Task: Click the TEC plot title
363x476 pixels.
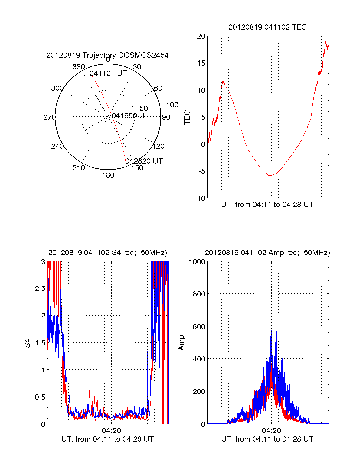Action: tap(267, 27)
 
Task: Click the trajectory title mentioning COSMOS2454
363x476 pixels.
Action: tap(107, 55)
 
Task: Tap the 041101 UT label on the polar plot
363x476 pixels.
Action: tap(108, 73)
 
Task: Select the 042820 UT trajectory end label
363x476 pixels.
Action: tap(144, 161)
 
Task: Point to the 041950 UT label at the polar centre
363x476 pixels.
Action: tap(130, 116)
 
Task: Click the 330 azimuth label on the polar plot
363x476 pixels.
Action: tap(79, 67)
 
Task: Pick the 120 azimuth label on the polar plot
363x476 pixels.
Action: tap(159, 146)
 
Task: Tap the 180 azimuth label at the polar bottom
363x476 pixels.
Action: tap(108, 175)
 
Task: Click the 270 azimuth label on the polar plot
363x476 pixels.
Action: tap(49, 117)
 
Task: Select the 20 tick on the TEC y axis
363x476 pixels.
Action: tap(201, 36)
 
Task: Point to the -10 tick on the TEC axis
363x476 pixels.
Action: tap(200, 198)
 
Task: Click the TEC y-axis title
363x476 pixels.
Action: tap(187, 117)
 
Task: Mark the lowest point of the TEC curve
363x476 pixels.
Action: tap(270, 175)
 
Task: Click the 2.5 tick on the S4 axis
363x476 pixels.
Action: tap(40, 289)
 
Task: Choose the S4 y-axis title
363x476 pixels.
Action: tap(28, 343)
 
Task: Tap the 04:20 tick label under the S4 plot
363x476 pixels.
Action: tap(111, 431)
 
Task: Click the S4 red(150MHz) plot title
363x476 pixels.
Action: tap(107, 253)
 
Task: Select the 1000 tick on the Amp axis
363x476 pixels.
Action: tap(197, 262)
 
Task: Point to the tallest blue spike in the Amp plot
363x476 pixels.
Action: tap(276, 315)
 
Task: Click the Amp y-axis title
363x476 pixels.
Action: tap(181, 343)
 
